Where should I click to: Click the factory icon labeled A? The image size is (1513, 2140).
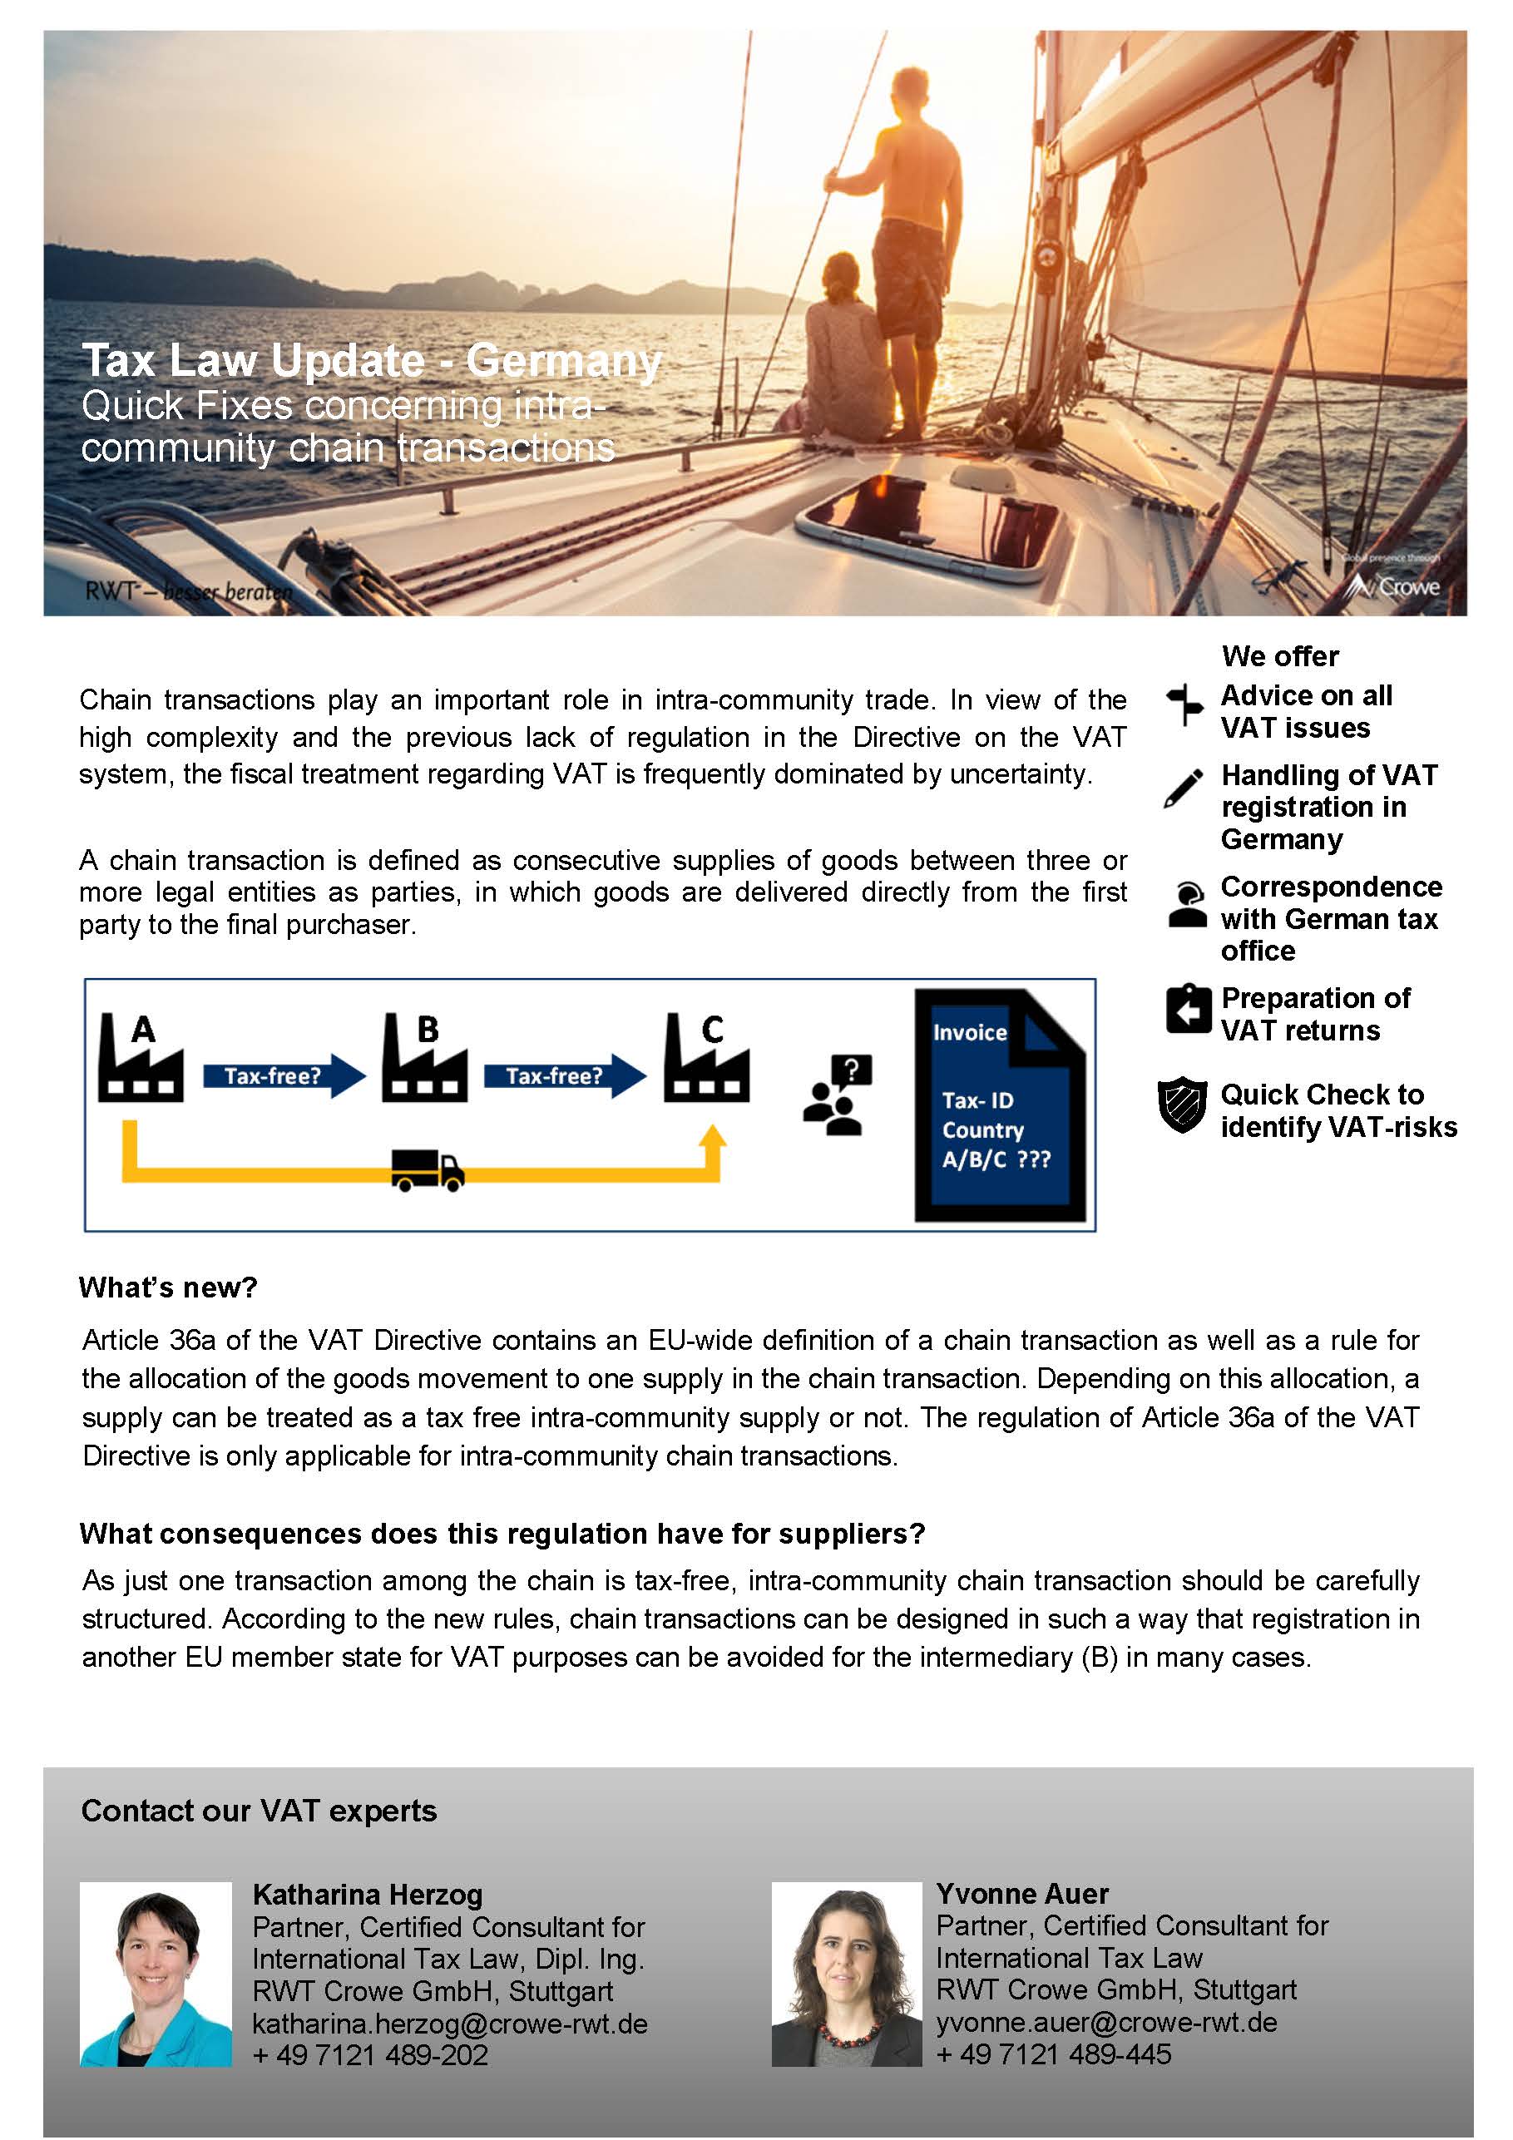coord(140,1060)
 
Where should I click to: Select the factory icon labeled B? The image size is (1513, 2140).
coord(424,1060)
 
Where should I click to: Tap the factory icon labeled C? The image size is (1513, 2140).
coord(707,1060)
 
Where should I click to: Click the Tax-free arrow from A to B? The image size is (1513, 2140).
coord(284,1075)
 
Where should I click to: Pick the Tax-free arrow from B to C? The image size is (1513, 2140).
coord(564,1075)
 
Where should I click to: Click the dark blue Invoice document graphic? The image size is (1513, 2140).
coord(999,1105)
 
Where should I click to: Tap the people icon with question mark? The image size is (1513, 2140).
coord(836,1095)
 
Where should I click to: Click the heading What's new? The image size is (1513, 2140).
coord(168,1287)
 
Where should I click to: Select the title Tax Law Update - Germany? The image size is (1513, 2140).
coord(371,361)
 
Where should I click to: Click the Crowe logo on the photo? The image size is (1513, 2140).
coord(1397,586)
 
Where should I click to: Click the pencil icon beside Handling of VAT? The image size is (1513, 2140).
coord(1183,788)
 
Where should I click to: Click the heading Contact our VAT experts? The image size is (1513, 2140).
coord(260,1810)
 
